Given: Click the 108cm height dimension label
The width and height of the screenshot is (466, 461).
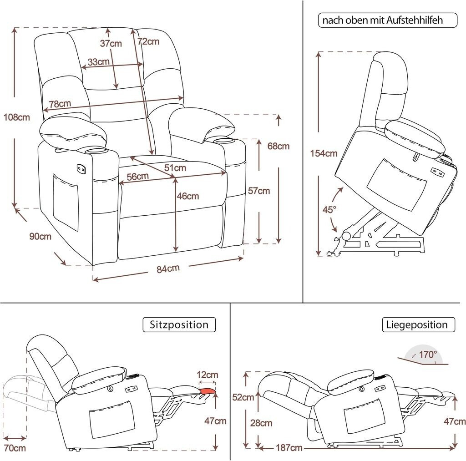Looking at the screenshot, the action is pyautogui.click(x=17, y=117).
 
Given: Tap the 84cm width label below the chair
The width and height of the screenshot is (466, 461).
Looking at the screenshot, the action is pyautogui.click(x=168, y=268).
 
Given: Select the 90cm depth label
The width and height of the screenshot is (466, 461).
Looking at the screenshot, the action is pyautogui.click(x=40, y=237).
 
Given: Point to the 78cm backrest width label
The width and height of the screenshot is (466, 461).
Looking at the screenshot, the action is pyautogui.click(x=60, y=104).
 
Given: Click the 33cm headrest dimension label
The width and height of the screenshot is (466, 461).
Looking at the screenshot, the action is pyautogui.click(x=99, y=62).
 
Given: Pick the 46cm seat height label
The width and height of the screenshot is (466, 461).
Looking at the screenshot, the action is pyautogui.click(x=188, y=196).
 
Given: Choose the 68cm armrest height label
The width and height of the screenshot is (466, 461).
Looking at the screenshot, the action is pyautogui.click(x=279, y=146).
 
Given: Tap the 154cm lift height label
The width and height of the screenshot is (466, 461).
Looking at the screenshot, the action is pyautogui.click(x=324, y=153).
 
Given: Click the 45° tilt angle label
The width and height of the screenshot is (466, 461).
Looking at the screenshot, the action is pyautogui.click(x=329, y=210).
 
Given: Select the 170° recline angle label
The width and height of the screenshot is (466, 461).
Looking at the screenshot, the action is pyautogui.click(x=428, y=355).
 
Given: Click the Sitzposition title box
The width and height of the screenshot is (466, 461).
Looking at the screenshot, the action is pyautogui.click(x=179, y=324).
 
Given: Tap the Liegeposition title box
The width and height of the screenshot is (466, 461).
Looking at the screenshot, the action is pyautogui.click(x=419, y=324).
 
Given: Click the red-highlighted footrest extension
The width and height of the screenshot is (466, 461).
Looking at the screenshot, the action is pyautogui.click(x=208, y=391).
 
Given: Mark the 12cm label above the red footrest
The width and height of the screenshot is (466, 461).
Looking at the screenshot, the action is pyautogui.click(x=207, y=375).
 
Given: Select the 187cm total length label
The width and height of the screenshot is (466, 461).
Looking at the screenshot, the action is pyautogui.click(x=289, y=448).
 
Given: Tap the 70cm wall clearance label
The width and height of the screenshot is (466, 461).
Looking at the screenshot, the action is pyautogui.click(x=15, y=448).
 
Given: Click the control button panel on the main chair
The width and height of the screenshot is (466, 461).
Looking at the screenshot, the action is pyautogui.click(x=81, y=169).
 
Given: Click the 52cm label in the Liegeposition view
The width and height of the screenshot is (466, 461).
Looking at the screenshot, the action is pyautogui.click(x=243, y=397).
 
